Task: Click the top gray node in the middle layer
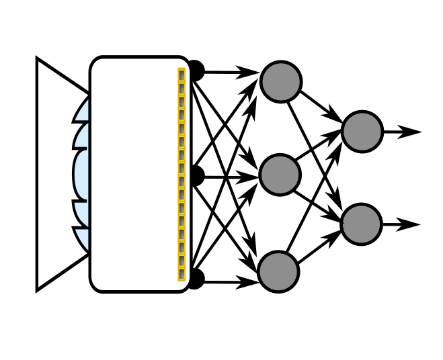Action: [280, 82]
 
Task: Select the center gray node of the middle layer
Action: [280, 175]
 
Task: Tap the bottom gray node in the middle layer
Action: [279, 271]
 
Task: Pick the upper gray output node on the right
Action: [362, 131]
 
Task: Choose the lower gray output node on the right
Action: [362, 224]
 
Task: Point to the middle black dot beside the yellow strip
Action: [196, 176]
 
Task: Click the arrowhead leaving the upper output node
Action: [411, 132]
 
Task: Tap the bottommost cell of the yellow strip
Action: [182, 275]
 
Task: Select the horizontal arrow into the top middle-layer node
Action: [229, 71]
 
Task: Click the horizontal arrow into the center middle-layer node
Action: [229, 177]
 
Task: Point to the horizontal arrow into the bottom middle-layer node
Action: [229, 281]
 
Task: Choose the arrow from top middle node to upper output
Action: [321, 107]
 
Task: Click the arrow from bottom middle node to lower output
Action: [320, 249]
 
